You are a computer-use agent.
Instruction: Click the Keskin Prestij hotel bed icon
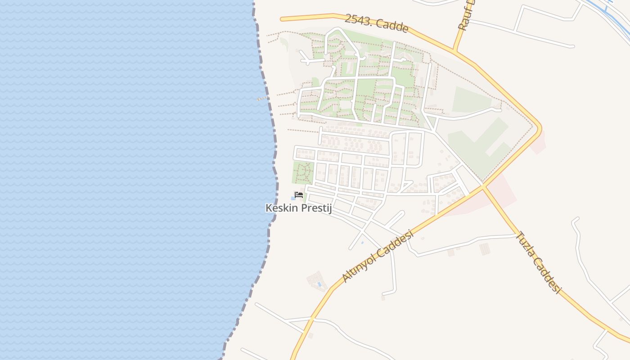pos(298,195)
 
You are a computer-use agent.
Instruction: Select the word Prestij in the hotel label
pos(315,208)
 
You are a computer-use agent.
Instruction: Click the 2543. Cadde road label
pos(377,23)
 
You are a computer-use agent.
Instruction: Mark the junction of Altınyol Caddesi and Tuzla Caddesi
pos(483,186)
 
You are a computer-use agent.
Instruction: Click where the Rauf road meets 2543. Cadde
pos(454,51)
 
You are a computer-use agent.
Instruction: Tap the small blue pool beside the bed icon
pos(293,198)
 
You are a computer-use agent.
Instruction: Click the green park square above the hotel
pos(303,173)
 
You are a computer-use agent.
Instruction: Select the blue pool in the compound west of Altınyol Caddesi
pos(319,284)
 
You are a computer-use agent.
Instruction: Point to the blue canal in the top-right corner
pos(607,11)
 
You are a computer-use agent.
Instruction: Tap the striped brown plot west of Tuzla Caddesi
pos(484,248)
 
